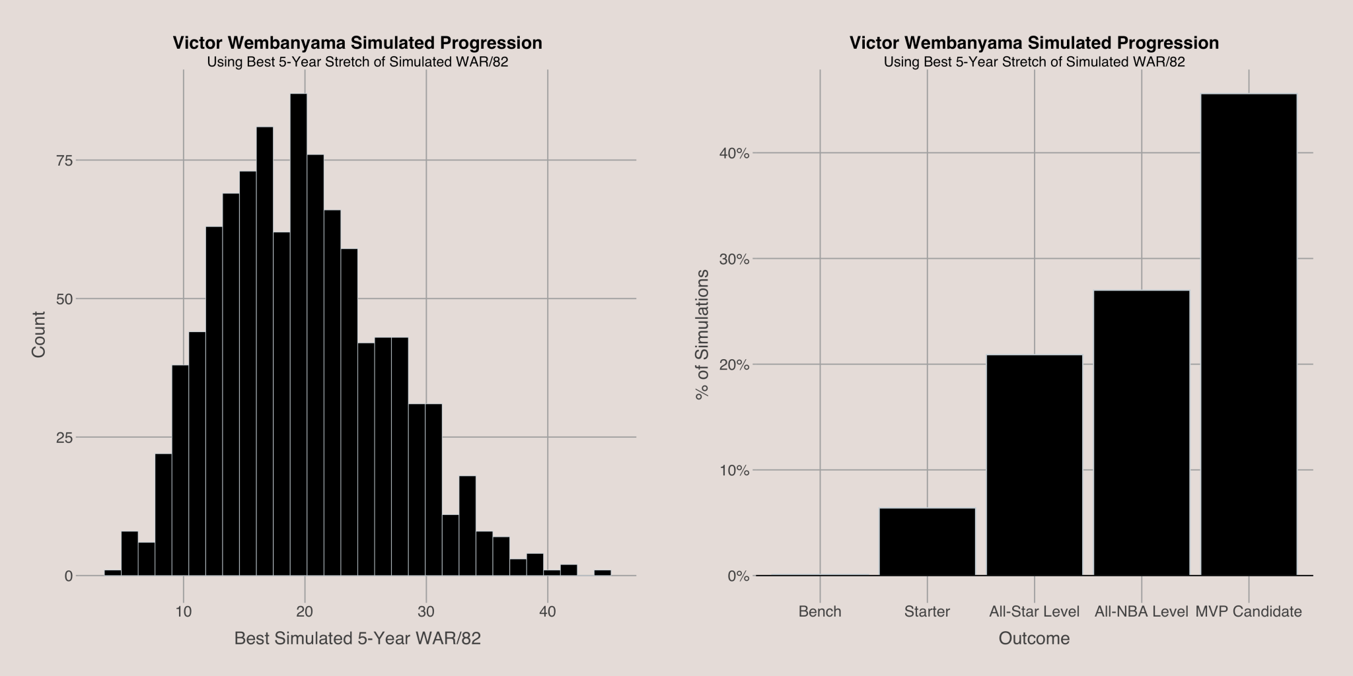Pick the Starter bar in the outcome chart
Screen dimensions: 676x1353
point(927,542)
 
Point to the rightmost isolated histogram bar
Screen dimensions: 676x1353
point(603,572)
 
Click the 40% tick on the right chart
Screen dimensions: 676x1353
point(733,153)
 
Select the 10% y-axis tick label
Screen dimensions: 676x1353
point(733,471)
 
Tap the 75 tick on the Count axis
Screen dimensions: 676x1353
point(63,160)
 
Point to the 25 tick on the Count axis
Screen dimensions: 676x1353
point(63,437)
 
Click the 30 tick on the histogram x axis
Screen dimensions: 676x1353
point(426,611)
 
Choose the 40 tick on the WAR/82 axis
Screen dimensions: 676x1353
point(548,611)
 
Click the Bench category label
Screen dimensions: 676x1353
point(820,611)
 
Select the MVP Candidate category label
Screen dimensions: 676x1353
point(1249,611)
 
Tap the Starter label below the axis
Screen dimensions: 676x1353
point(927,611)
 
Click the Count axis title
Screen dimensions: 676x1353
point(39,335)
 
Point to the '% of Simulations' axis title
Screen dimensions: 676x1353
point(703,335)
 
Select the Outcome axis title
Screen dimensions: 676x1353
point(1034,638)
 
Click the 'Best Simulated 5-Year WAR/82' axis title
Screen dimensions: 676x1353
point(357,638)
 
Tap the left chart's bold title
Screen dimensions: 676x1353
point(357,43)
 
